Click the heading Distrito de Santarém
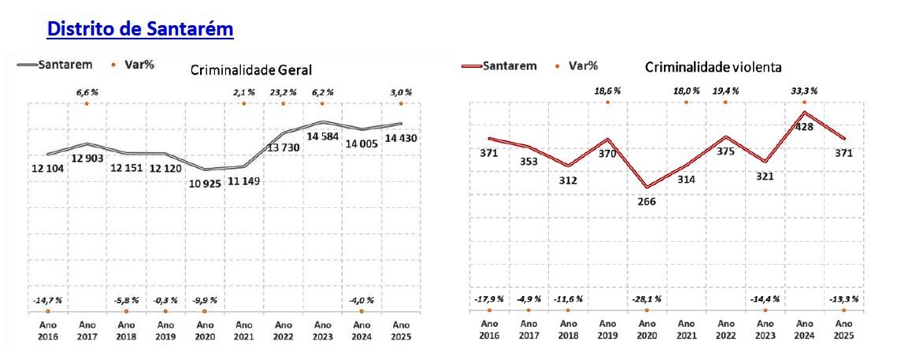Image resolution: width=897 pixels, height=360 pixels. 140,28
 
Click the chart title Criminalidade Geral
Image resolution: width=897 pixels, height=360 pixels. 251,70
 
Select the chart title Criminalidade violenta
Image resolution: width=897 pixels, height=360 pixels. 714,68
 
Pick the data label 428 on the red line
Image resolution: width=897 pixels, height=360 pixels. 804,127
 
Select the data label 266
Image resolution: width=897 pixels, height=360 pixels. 647,202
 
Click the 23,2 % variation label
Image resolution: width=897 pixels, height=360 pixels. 283,91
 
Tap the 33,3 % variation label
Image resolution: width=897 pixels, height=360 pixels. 804,90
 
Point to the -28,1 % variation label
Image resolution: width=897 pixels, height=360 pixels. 647,299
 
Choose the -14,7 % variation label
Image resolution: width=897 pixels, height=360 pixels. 47,300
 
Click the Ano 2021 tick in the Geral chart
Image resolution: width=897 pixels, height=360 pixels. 243,330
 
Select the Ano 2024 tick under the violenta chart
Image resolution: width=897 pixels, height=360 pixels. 804,329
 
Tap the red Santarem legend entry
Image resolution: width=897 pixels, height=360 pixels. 499,66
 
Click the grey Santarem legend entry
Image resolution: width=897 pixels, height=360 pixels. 54,65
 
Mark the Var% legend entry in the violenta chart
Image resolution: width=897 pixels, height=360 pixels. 578,66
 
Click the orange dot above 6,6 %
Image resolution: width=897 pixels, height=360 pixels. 87,104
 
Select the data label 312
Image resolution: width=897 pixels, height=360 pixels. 568,181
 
